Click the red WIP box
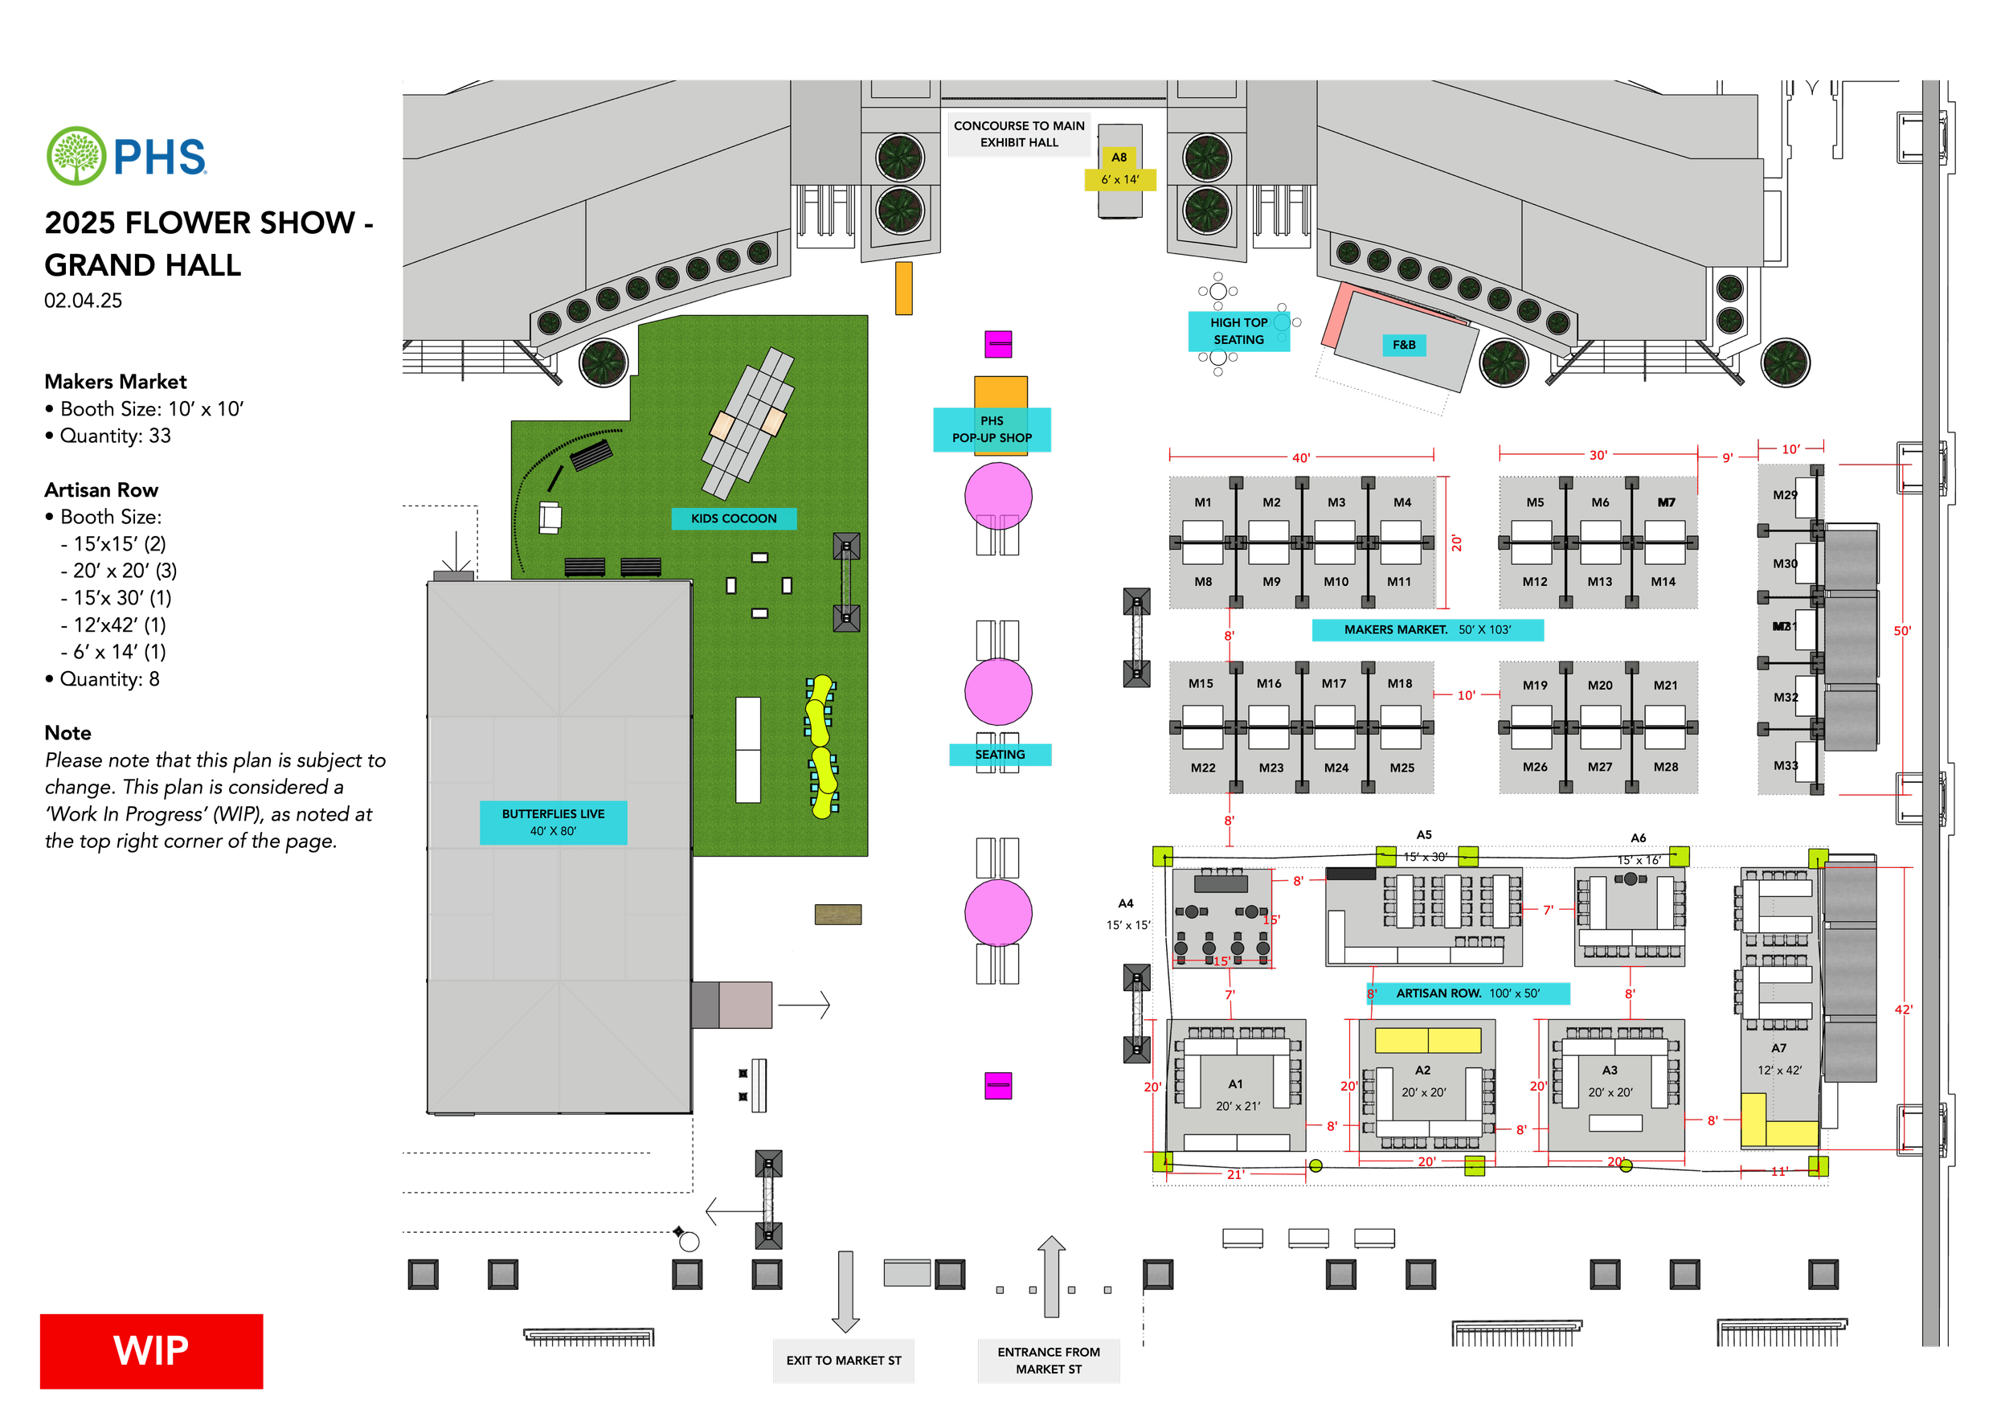pyautogui.click(x=151, y=1351)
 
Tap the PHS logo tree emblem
pyautogui.click(x=77, y=156)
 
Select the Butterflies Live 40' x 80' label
pyautogui.click(x=553, y=822)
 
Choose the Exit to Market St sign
pyautogui.click(x=844, y=1361)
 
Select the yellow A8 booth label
pyautogui.click(x=1120, y=168)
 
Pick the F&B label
pyautogui.click(x=1404, y=345)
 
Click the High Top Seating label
pyautogui.click(x=1238, y=332)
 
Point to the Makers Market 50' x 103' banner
pyautogui.click(x=1427, y=630)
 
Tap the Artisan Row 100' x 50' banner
pyautogui.click(x=1467, y=993)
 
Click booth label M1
pyautogui.click(x=1203, y=503)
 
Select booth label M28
pyautogui.click(x=1665, y=768)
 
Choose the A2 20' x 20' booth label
pyautogui.click(x=1424, y=1082)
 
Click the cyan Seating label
pyautogui.click(x=1000, y=754)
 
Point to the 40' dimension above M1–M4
pyautogui.click(x=1301, y=457)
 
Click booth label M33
pyautogui.click(x=1785, y=766)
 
